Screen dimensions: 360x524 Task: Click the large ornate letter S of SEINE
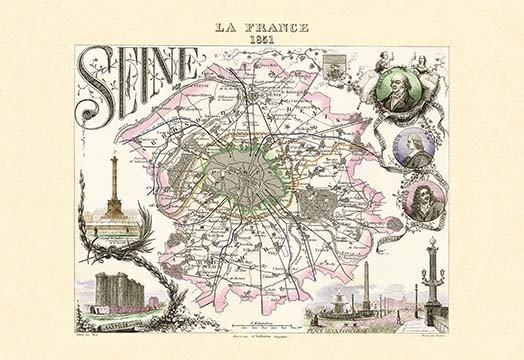96,79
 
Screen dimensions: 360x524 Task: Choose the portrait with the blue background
415,149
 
